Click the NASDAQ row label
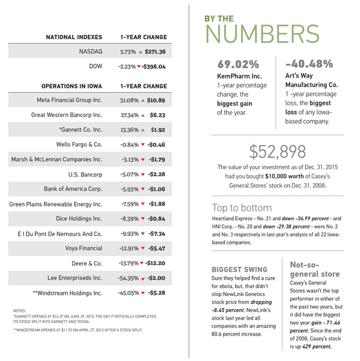coord(91,51)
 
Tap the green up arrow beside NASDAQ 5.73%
coord(140,52)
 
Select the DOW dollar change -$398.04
coord(153,67)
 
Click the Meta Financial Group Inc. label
coord(70,100)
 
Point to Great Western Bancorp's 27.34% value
coord(130,115)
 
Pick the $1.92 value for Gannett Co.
coord(158,130)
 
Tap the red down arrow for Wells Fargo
coord(143,144)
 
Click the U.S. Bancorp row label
coord(85,174)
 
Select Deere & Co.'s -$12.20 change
coord(155,263)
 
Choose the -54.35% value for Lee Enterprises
coord(129,278)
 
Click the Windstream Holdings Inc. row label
coord(67,293)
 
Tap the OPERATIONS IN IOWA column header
coord(72,86)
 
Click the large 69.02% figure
coord(239,64)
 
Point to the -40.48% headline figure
coord(309,64)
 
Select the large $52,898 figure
coord(278,152)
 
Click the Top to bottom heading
coord(242,208)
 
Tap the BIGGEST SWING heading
coord(239,270)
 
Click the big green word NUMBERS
coord(262,34)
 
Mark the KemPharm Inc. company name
coord(239,76)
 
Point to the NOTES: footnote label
coord(19,311)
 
